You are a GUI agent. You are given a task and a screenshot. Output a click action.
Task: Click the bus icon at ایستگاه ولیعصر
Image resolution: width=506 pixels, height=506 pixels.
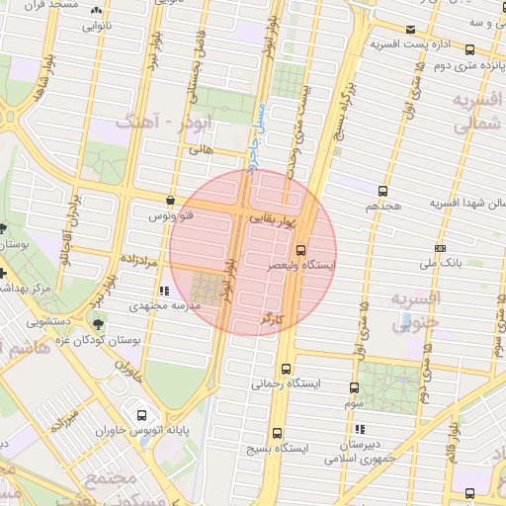click(x=301, y=250)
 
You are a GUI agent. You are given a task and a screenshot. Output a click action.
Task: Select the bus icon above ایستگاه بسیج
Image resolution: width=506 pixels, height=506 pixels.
click(x=276, y=432)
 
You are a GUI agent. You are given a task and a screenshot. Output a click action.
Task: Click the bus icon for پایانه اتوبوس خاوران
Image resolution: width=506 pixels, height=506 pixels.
click(x=141, y=415)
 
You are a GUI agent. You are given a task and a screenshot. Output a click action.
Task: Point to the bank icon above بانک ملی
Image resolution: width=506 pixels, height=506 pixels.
click(x=440, y=248)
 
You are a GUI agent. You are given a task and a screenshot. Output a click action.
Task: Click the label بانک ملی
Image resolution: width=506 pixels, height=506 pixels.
click(x=441, y=264)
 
